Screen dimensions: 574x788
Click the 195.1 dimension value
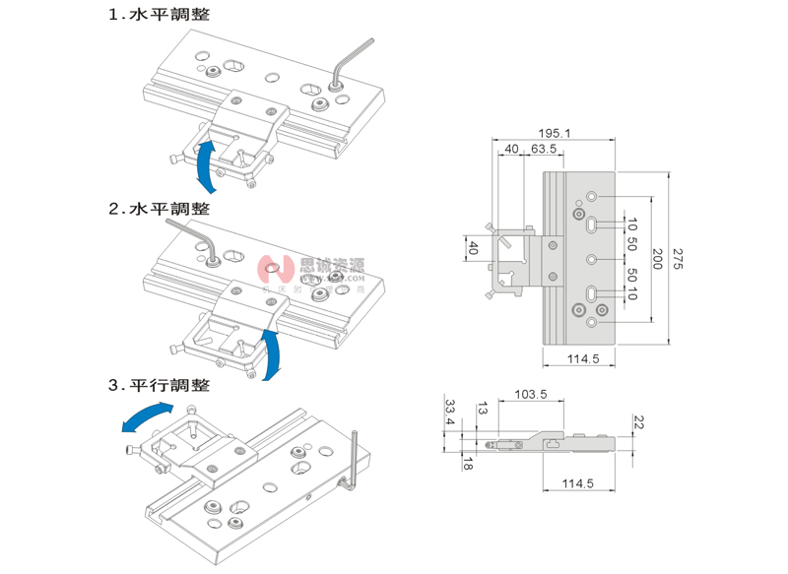point(557,134)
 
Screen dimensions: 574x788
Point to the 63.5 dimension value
point(544,150)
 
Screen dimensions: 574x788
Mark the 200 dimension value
point(657,258)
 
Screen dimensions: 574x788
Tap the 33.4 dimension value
point(449,413)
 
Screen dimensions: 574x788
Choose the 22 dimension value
point(637,422)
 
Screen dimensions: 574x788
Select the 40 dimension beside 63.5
point(511,150)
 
